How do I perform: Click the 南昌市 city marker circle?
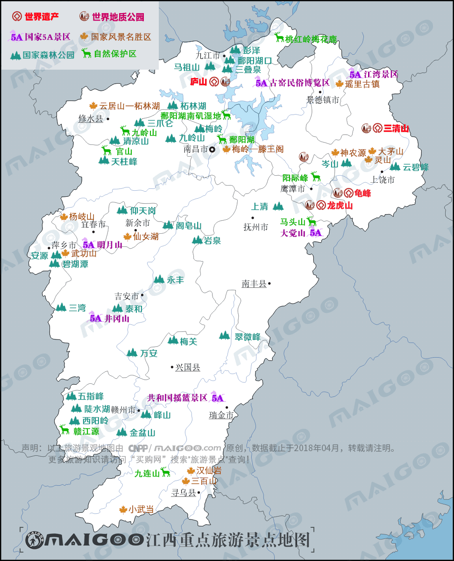coord(212,150)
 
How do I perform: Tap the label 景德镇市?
coord(323,100)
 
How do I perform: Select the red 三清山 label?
coord(396,129)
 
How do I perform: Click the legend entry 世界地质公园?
coord(118,17)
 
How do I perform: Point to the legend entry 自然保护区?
coord(115,54)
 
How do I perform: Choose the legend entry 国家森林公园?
coord(49,55)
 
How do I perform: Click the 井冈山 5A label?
coord(117,319)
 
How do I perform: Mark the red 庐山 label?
coord(199,82)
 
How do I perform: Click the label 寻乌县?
coord(184,493)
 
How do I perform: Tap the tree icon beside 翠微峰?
coord(225,336)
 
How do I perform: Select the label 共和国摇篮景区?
coord(177,398)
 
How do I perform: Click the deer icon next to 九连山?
coord(165,472)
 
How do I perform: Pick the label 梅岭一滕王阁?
coord(258,150)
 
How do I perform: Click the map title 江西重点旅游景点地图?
coord(228,540)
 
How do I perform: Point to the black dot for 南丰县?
coord(270,283)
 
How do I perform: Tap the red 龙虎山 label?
coord(340,206)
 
